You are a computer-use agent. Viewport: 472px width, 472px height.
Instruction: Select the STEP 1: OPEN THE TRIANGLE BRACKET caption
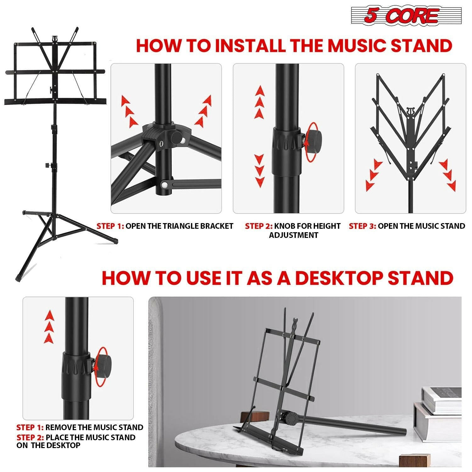(165, 226)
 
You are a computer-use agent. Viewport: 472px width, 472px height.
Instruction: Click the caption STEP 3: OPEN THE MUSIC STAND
(407, 226)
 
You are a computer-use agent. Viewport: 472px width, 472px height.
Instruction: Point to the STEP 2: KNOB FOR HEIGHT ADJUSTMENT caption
(293, 230)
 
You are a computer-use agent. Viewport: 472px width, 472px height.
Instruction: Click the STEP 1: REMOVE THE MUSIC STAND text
(80, 427)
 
